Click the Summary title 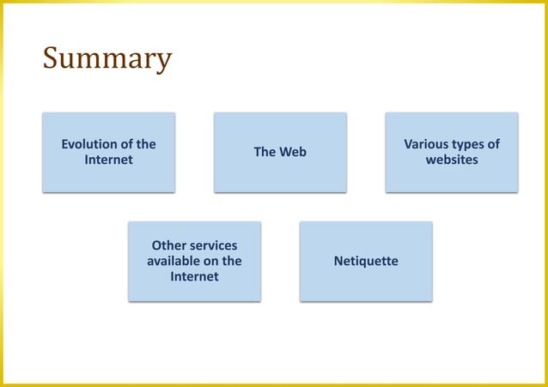point(107,59)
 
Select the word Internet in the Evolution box point(108,160)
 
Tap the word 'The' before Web point(264,152)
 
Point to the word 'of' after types point(493,144)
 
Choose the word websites point(452,160)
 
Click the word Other point(169,245)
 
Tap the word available point(175,261)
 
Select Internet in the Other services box point(194,276)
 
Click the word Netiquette point(366,261)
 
